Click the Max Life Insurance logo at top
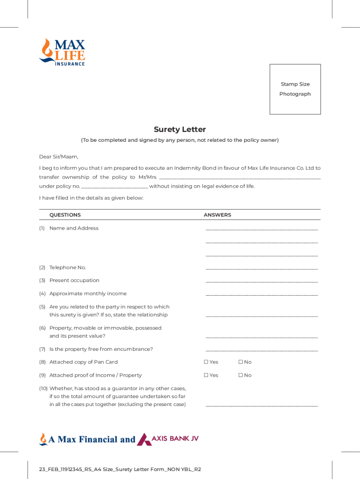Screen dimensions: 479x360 click(62, 51)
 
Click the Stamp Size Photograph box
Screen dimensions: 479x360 click(295, 89)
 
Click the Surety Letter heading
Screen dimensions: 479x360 click(180, 130)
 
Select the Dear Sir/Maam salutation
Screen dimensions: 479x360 click(58, 157)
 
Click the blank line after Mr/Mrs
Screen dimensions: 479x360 click(239, 178)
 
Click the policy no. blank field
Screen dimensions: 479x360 click(115, 187)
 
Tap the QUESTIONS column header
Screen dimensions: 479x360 click(65, 215)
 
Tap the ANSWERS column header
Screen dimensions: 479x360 click(217, 215)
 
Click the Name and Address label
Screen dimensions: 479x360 click(74, 228)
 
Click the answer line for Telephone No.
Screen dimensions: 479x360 click(261, 269)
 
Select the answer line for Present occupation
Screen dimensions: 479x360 click(261, 282)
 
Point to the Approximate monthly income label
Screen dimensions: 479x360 click(88, 294)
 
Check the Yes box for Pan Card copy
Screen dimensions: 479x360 click(206, 362)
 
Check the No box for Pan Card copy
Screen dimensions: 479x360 click(241, 362)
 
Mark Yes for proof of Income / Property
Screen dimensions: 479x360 click(206, 375)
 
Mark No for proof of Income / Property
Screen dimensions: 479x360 click(241, 375)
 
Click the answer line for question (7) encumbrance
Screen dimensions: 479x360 click(261, 350)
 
